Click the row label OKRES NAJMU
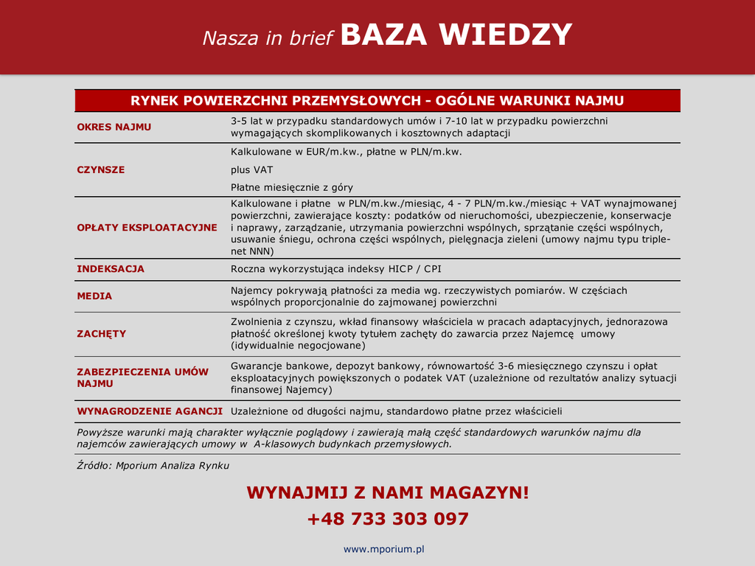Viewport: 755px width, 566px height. pyautogui.click(x=114, y=127)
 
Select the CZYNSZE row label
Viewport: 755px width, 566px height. pyautogui.click(x=101, y=170)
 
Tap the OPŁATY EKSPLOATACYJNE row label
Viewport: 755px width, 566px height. pyautogui.click(x=147, y=228)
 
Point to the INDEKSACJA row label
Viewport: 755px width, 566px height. pyautogui.click(x=111, y=269)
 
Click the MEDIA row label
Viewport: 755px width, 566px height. pyautogui.click(x=94, y=296)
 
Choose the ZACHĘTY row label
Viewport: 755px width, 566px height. pyautogui.click(x=101, y=334)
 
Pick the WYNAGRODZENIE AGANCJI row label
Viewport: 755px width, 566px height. pyautogui.click(x=150, y=411)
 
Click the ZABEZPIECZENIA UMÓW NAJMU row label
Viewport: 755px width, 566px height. pyautogui.click(x=142, y=378)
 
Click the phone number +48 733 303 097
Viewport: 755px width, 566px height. pyautogui.click(x=387, y=519)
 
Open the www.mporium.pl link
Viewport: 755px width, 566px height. pyautogui.click(x=384, y=549)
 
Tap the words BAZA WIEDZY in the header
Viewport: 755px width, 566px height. pyautogui.click(x=456, y=35)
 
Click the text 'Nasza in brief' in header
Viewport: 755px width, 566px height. pyautogui.click(x=268, y=38)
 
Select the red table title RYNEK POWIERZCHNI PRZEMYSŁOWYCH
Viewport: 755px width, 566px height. pyautogui.click(x=377, y=100)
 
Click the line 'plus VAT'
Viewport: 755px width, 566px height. pyautogui.click(x=251, y=170)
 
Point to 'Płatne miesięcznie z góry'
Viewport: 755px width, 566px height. pyautogui.click(x=291, y=187)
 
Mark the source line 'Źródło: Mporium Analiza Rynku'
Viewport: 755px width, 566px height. pyautogui.click(x=153, y=466)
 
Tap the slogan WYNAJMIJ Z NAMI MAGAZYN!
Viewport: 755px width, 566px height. pyautogui.click(x=387, y=492)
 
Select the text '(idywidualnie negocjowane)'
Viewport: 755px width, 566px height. pyautogui.click(x=298, y=345)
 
